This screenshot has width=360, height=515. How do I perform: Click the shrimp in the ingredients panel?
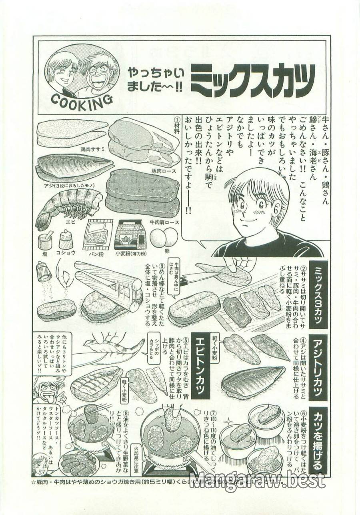coord(68,204)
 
